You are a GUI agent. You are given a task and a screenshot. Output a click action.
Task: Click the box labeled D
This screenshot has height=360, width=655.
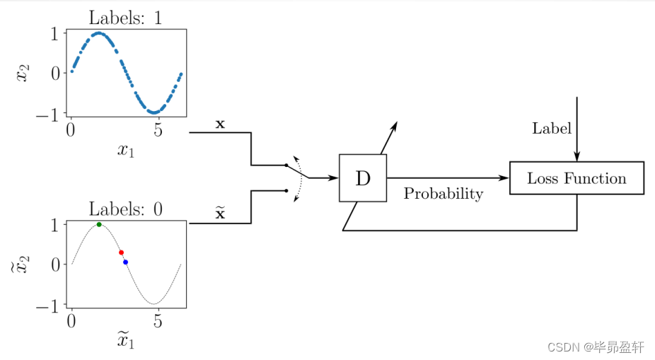(x=363, y=178)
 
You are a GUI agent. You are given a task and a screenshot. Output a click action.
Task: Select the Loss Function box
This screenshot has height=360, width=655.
(x=576, y=178)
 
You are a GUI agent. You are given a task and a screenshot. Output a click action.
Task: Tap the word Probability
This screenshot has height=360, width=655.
(x=444, y=194)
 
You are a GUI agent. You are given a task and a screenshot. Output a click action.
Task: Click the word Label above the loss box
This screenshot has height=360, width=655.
(x=552, y=128)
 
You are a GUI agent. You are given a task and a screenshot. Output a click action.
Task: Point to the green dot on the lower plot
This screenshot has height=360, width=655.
(x=99, y=225)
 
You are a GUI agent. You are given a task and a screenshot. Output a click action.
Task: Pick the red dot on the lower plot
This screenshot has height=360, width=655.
(x=121, y=252)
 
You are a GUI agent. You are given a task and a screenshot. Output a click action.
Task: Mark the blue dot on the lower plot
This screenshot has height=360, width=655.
(x=125, y=262)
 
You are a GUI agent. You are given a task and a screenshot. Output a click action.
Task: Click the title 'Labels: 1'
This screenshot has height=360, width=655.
(x=125, y=18)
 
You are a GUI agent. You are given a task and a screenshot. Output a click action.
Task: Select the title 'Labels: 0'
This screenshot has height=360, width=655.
(x=125, y=209)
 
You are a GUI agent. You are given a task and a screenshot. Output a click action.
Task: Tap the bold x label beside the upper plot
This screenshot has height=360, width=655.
(x=220, y=124)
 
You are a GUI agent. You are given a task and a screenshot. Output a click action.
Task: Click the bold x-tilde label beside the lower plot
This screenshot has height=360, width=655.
(x=220, y=212)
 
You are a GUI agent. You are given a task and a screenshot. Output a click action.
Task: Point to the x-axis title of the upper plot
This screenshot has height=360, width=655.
(x=126, y=150)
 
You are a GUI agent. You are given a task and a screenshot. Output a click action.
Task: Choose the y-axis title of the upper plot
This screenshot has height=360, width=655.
(x=23, y=72)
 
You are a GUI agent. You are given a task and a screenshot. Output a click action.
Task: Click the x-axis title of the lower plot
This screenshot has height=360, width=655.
(x=126, y=341)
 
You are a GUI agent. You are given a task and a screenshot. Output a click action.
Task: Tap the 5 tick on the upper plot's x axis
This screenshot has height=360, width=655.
(x=158, y=130)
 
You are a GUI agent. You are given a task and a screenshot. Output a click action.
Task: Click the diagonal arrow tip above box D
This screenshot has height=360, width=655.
(x=396, y=123)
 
